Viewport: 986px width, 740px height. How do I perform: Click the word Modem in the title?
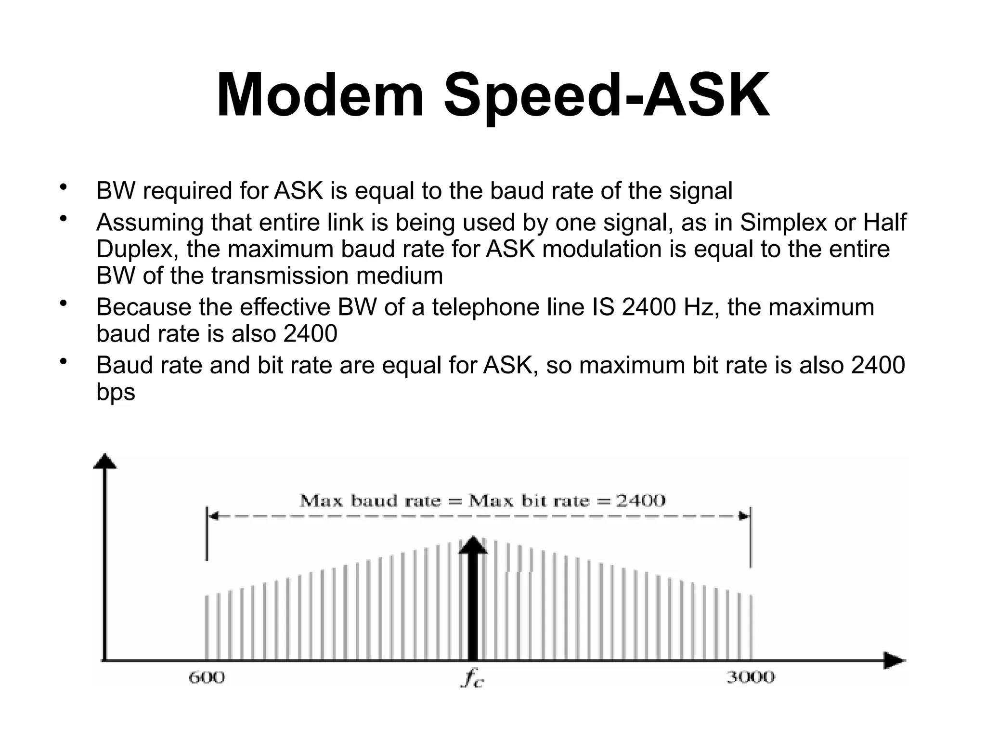point(320,95)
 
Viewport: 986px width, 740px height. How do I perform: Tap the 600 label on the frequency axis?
point(207,677)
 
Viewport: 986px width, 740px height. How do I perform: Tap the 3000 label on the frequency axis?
point(751,677)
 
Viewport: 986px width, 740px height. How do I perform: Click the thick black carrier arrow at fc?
point(473,602)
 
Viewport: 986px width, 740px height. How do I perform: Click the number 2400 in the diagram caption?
point(641,501)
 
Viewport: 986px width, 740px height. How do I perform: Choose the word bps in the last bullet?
point(116,392)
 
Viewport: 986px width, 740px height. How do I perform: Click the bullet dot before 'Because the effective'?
point(62,304)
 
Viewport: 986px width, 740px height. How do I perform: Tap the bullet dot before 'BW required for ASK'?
point(62,187)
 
